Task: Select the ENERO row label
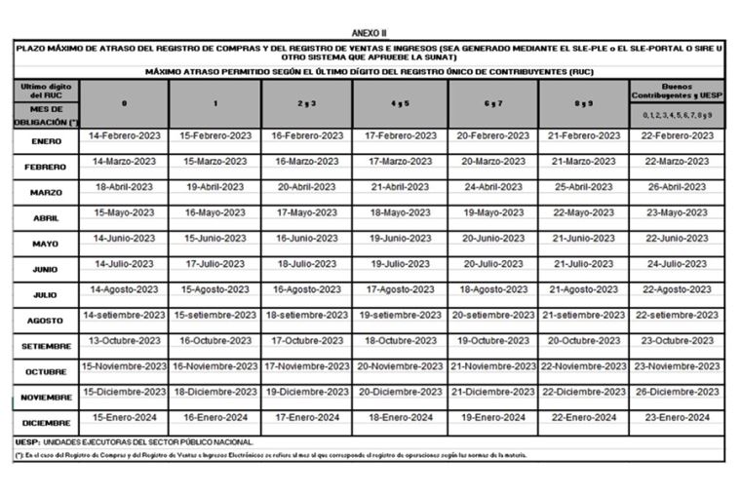[46, 141]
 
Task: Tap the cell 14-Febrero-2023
[123, 135]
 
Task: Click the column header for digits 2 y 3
[306, 102]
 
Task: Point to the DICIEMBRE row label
[46, 424]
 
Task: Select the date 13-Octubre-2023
[123, 341]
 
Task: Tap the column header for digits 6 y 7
[492, 102]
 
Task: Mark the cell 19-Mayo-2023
[492, 212]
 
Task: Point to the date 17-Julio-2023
[214, 264]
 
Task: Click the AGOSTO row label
[46, 321]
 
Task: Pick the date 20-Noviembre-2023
[400, 366]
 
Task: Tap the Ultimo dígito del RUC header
[46, 91]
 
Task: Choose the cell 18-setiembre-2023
[306, 316]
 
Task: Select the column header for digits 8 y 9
[583, 102]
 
